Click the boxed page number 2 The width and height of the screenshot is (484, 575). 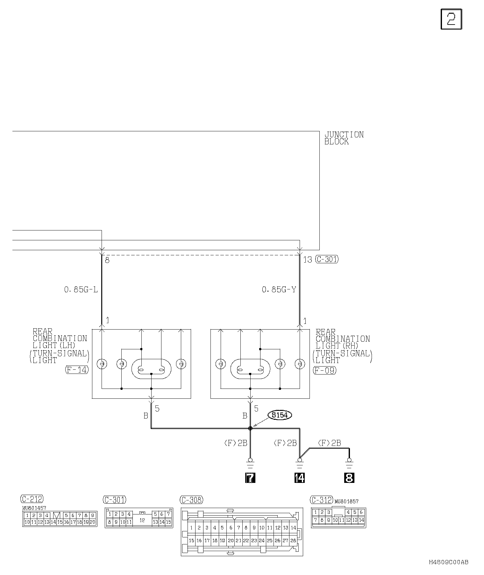[451, 19]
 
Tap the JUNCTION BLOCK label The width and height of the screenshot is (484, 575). [344, 138]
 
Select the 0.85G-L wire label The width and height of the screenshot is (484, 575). [81, 289]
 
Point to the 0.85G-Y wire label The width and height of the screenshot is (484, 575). [279, 289]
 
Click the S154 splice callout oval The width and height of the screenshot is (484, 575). [280, 415]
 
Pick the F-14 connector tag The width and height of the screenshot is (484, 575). [77, 370]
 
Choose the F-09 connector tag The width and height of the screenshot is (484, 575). [325, 370]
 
